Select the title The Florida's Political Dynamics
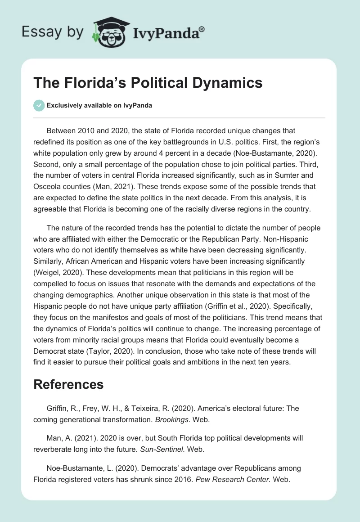coord(148,83)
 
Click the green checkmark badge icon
coord(39,105)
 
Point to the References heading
coord(68,384)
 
